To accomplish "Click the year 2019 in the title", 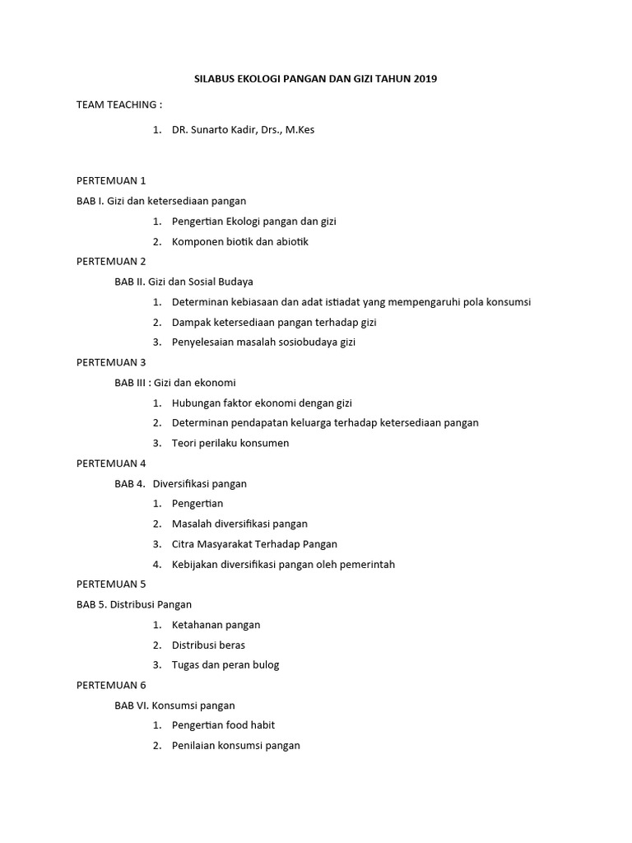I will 425,79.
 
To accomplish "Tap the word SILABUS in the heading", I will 213,79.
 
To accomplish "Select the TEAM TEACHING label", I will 119,105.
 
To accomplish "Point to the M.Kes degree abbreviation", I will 300,130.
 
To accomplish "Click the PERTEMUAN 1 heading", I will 111,180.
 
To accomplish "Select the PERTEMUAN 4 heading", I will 111,463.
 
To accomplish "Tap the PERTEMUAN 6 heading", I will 111,685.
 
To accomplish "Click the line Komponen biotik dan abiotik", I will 240,241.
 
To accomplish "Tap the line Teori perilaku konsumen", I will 230,443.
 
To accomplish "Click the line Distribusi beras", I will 208,645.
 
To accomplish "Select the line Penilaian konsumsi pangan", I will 236,746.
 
